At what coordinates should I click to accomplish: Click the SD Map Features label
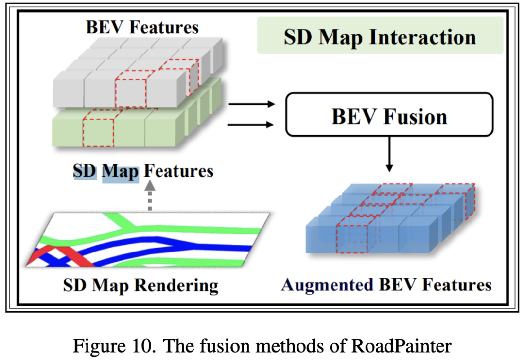(143, 171)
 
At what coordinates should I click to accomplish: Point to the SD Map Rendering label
(140, 285)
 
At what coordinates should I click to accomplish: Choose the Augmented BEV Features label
(386, 285)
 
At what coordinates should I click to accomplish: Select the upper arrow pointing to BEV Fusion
(251, 104)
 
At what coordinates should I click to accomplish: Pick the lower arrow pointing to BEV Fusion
(251, 125)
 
